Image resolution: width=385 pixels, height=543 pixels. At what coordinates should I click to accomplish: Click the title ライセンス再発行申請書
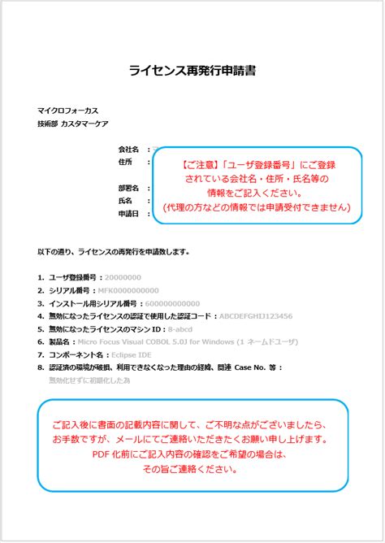coord(192,71)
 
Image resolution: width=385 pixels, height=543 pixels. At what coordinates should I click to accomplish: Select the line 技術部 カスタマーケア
coord(72,123)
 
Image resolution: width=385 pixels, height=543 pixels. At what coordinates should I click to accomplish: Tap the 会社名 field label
coord(129,150)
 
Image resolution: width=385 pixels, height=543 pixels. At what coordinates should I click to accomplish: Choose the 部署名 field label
coord(129,187)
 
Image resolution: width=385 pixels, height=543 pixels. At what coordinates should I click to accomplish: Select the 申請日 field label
coord(129,213)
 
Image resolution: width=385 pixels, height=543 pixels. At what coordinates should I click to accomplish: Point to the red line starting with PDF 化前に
coord(192,454)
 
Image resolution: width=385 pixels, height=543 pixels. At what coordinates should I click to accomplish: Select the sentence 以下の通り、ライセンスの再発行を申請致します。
coord(114,252)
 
